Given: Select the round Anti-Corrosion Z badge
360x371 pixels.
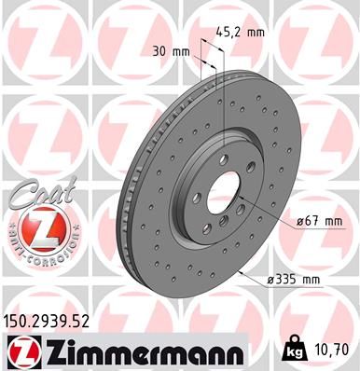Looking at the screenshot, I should point(34,227).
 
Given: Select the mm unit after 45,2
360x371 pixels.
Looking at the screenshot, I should point(255,31).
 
